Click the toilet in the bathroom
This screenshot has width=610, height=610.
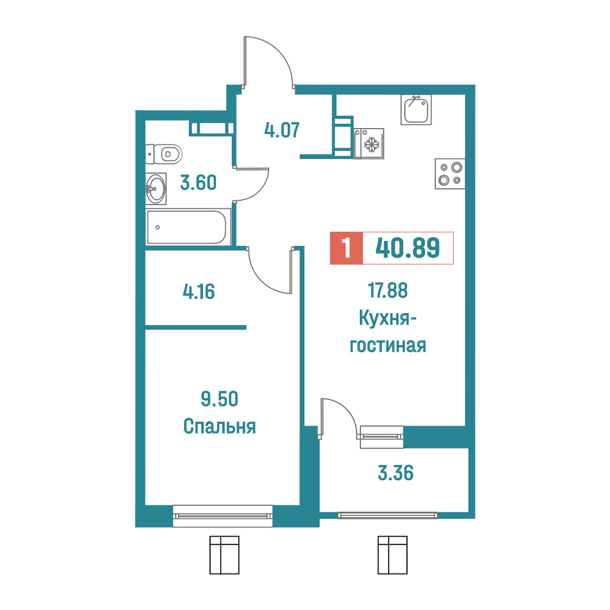click(164, 154)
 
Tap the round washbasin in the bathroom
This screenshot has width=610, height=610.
click(156, 189)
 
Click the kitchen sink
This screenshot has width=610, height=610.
click(416, 110)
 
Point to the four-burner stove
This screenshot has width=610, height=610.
click(450, 174)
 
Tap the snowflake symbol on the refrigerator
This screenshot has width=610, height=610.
click(372, 144)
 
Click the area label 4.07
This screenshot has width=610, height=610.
click(282, 130)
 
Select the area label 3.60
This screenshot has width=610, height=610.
click(199, 182)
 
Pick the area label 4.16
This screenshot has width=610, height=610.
click(199, 291)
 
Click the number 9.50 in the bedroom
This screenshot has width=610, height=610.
click(219, 399)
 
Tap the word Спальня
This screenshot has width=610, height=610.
click(219, 427)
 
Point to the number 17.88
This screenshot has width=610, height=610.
click(388, 290)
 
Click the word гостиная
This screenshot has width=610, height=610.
click(388, 346)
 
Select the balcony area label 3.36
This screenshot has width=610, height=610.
click(396, 473)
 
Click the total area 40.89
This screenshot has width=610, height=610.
click(408, 248)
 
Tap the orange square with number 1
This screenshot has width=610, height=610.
click(346, 248)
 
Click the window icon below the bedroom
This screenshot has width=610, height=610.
click(225, 555)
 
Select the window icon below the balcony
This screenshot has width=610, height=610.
click(392, 555)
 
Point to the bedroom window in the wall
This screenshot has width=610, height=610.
click(223, 516)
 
